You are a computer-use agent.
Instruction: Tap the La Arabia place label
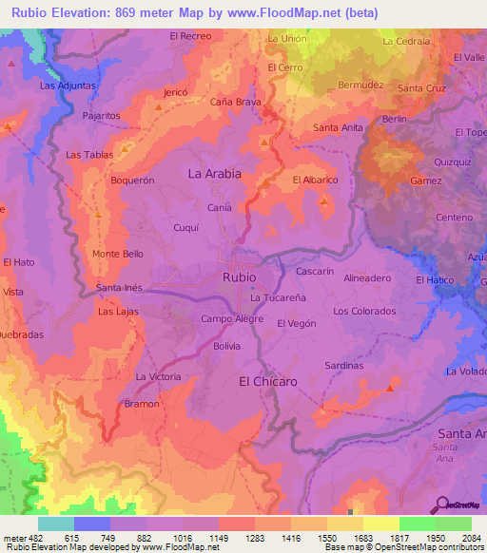214,174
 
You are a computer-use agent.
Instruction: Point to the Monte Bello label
118,254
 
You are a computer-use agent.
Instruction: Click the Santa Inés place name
119,288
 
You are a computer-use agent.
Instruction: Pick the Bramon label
142,404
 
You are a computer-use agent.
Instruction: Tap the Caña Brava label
236,102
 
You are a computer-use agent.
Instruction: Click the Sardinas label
344,365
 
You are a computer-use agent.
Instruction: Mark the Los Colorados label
364,311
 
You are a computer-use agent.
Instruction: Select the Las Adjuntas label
67,86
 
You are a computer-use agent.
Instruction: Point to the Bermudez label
360,85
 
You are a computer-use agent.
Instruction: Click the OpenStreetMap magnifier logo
442,505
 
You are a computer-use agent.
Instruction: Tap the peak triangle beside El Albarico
324,201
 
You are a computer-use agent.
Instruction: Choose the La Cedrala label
406,42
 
